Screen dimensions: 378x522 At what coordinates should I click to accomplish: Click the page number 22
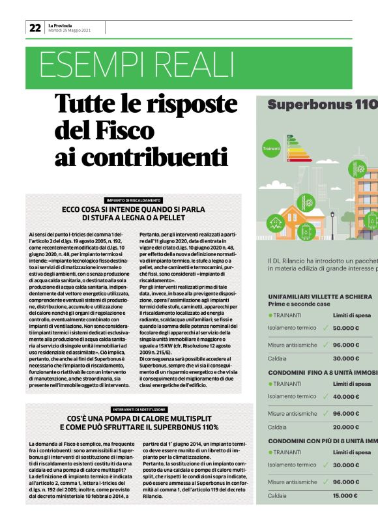coord(35,28)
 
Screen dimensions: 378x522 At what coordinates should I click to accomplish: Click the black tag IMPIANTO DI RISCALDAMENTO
coord(133,200)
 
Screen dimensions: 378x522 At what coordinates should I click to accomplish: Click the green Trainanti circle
coord(271,149)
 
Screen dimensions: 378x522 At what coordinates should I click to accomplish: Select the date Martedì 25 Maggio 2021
coord(69,31)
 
